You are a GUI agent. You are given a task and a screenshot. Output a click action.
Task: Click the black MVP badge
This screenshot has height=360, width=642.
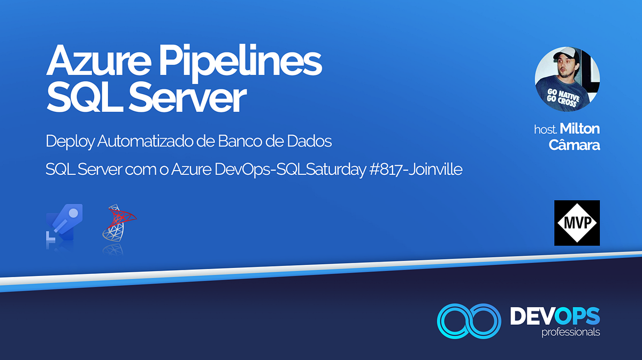(x=577, y=223)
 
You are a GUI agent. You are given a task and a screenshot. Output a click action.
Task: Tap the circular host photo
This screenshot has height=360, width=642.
(x=567, y=80)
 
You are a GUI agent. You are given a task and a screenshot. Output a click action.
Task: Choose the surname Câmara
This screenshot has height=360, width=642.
(x=574, y=145)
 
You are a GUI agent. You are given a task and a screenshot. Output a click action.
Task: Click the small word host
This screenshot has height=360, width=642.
(x=545, y=130)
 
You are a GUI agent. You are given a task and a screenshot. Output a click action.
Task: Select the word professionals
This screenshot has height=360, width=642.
(x=570, y=333)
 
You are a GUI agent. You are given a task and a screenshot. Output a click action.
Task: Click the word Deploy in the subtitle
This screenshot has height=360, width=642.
(x=66, y=142)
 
